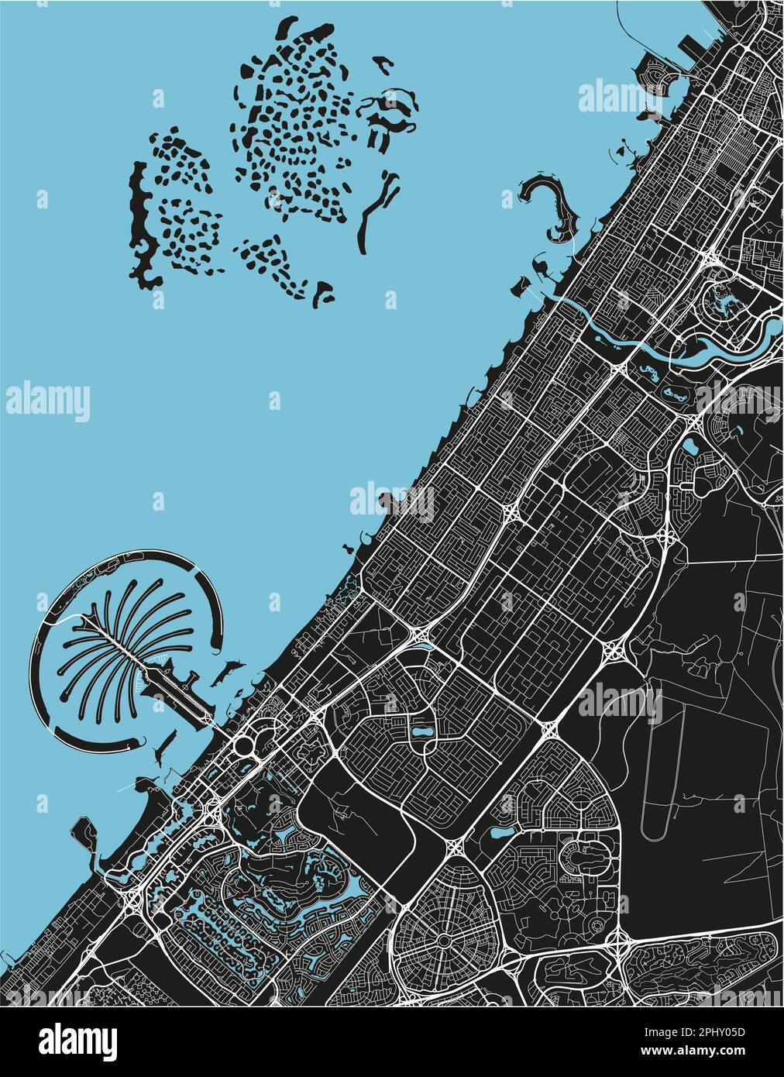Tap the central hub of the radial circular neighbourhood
point(442,938)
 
